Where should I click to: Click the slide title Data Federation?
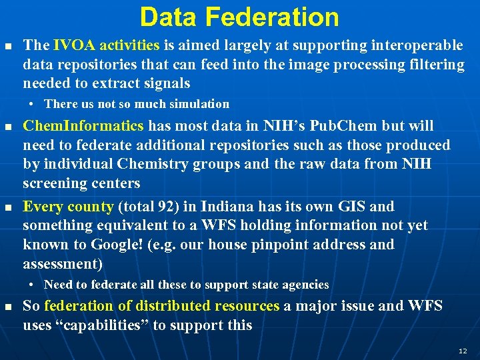(239, 17)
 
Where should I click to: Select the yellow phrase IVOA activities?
(106, 45)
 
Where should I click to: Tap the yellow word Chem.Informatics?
(83, 125)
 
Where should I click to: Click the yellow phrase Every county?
(69, 207)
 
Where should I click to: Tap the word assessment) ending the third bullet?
(63, 264)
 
